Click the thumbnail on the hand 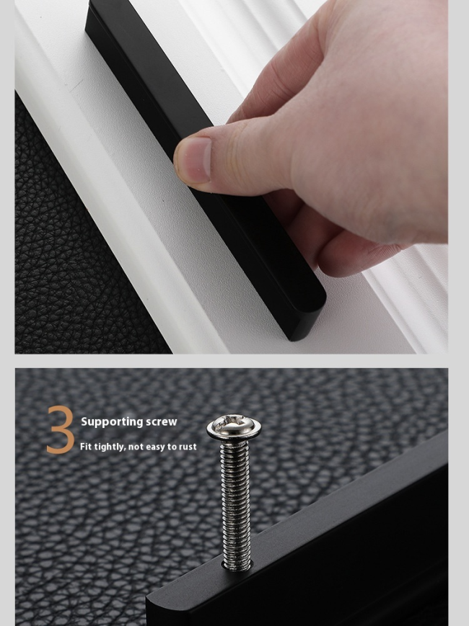point(193,160)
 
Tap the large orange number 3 point(61,429)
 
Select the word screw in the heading point(161,422)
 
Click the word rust point(188,447)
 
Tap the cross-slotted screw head point(234,422)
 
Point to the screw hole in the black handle point(237,565)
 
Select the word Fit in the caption point(86,447)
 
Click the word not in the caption point(135,447)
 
